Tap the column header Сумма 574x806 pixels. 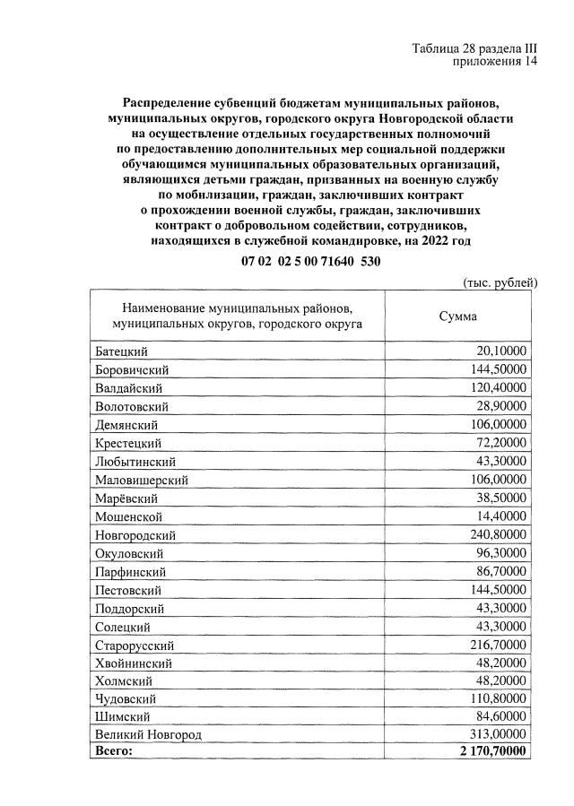457,316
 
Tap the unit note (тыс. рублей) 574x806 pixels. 500,282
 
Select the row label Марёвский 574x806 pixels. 126,498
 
